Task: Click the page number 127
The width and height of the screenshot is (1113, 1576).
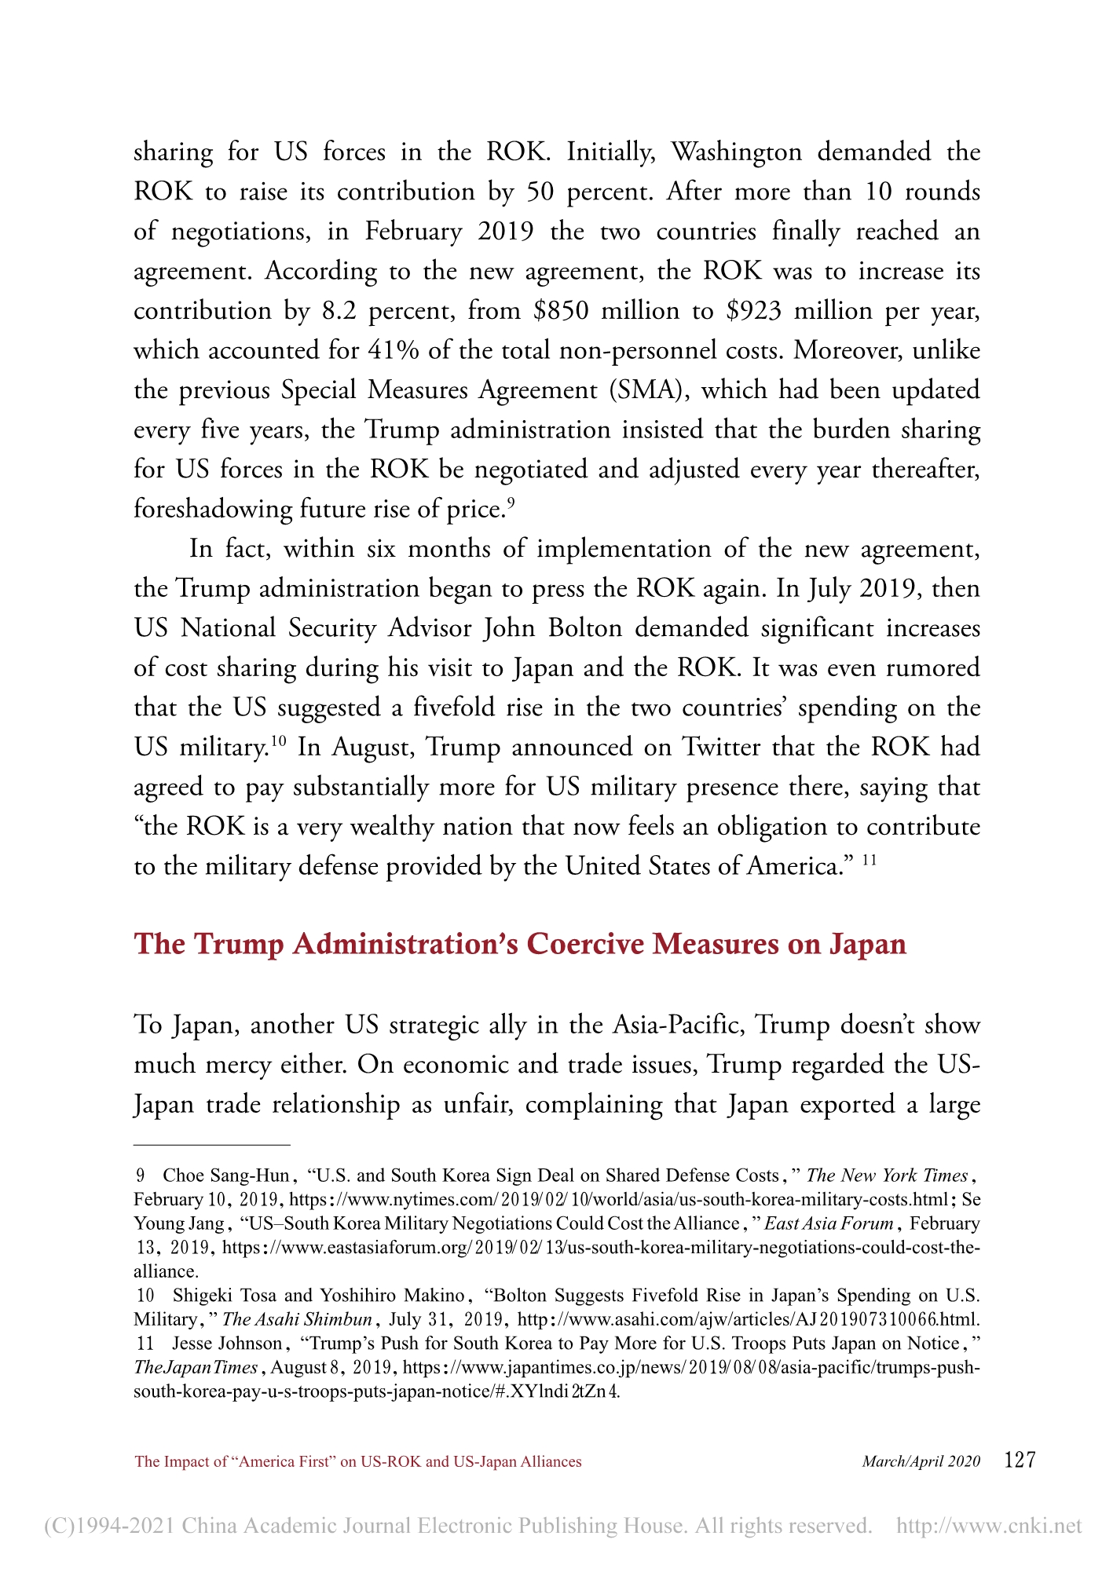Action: [x=1020, y=1460]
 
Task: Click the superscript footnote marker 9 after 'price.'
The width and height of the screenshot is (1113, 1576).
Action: [x=511, y=503]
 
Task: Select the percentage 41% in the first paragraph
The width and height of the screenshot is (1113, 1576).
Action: [x=393, y=350]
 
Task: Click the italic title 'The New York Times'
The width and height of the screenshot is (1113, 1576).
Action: [x=887, y=1176]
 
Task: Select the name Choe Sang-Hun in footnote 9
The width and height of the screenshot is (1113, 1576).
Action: [x=226, y=1176]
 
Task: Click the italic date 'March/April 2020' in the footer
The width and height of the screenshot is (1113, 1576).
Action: [x=921, y=1461]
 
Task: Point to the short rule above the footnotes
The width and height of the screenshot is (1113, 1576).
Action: [x=212, y=1145]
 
